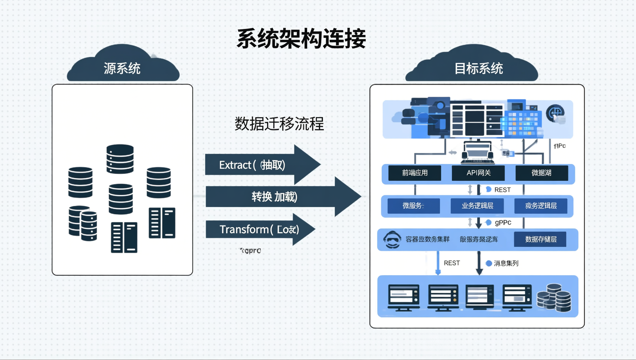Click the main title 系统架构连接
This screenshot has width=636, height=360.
(x=301, y=39)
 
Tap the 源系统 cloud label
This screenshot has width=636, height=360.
(x=122, y=68)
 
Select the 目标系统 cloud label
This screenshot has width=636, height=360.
(x=478, y=68)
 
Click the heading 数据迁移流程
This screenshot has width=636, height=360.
(x=279, y=124)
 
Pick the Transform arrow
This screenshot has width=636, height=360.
(x=259, y=229)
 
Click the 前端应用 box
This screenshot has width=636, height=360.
(x=414, y=173)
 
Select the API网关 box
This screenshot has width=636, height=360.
(x=478, y=173)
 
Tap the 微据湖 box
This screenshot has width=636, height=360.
(x=541, y=173)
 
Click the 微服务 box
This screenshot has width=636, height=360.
(x=413, y=206)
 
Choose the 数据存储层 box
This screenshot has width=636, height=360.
(x=540, y=239)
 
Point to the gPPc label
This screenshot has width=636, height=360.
(x=503, y=223)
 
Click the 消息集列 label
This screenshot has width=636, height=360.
(x=506, y=263)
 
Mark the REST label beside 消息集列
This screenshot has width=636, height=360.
(x=451, y=263)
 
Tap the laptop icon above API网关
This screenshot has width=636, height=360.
(x=477, y=152)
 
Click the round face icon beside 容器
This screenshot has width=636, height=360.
(x=392, y=240)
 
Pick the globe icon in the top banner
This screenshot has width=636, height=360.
(x=555, y=113)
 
